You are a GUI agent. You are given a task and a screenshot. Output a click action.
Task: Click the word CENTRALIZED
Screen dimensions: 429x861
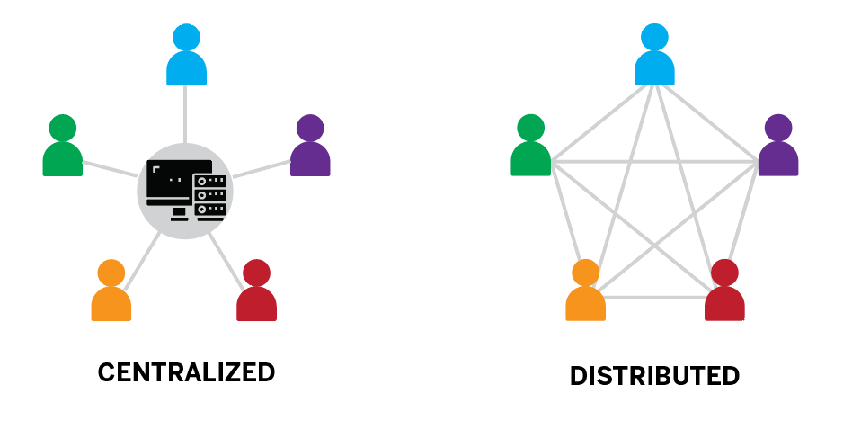(186, 372)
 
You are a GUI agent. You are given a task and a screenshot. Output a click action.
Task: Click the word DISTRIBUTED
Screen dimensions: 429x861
(654, 376)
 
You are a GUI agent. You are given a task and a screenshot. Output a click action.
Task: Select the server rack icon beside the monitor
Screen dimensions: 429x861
(210, 196)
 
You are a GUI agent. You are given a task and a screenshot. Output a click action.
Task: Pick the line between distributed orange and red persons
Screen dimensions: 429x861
(654, 297)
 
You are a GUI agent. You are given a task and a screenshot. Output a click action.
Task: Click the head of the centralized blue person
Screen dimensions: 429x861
(187, 37)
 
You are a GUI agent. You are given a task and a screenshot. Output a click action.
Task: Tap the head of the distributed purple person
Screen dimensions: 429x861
(778, 128)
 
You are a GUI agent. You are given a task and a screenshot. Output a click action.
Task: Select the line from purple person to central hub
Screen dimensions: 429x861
(261, 168)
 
